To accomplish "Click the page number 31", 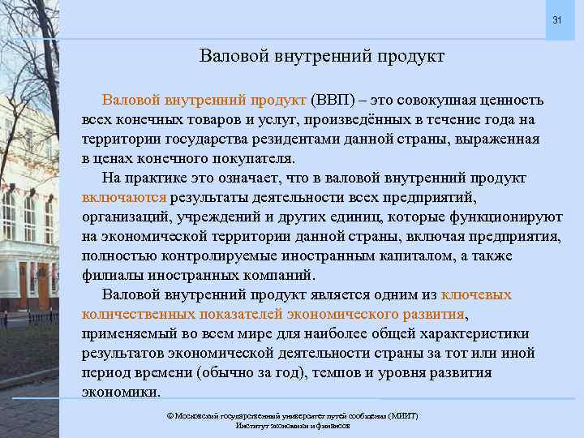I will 556,19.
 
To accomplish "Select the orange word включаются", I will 124,197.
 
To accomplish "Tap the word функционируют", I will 479,217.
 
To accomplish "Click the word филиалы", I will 109,275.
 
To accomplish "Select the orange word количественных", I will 137,314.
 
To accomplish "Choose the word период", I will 105,372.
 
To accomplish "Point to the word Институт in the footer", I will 252,425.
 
